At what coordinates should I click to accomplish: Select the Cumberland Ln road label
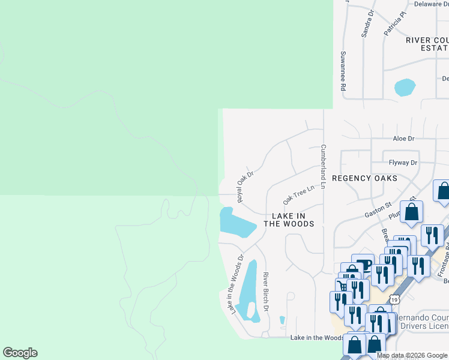pyautogui.click(x=323, y=167)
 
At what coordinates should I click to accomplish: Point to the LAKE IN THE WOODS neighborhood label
pyautogui.click(x=289, y=220)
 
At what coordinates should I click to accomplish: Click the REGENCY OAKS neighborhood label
pyautogui.click(x=364, y=179)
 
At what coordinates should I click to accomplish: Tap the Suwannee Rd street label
pyautogui.click(x=343, y=71)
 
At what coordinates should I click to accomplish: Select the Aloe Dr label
pyautogui.click(x=403, y=139)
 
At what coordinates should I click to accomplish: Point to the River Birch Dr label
pyautogui.click(x=265, y=292)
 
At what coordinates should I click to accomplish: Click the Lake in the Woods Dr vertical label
pyautogui.click(x=235, y=284)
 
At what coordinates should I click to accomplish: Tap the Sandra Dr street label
pyautogui.click(x=367, y=24)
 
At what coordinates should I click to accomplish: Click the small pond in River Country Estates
pyautogui.click(x=405, y=88)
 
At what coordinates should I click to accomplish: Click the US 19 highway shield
pyautogui.click(x=394, y=299)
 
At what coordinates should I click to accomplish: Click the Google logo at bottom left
pyautogui.click(x=20, y=353)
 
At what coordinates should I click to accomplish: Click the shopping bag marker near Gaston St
pyautogui.click(x=412, y=212)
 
